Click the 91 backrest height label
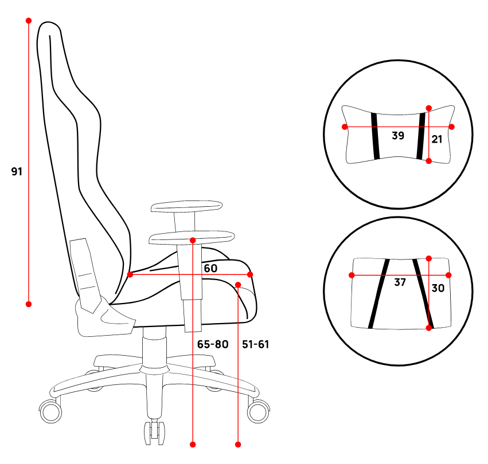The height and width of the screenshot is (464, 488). (17, 171)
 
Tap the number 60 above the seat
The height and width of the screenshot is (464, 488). (210, 269)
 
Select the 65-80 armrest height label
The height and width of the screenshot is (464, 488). (213, 344)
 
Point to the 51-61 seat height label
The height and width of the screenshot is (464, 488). (256, 344)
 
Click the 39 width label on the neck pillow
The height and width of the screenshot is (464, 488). (398, 136)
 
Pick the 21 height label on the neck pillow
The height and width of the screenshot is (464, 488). (436, 139)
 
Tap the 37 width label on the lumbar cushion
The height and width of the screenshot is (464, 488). (400, 282)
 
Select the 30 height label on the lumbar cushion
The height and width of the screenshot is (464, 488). (438, 288)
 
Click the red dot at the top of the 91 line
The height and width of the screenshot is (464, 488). (29, 21)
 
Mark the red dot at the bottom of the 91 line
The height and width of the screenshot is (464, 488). (29, 304)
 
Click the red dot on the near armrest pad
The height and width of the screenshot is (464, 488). (193, 240)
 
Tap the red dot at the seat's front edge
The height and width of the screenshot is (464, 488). (250, 274)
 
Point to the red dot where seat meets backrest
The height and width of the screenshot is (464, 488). (130, 274)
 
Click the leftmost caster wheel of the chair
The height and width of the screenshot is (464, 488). (50, 411)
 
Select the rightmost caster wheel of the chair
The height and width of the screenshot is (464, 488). (258, 411)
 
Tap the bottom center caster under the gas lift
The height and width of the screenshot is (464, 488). (154, 432)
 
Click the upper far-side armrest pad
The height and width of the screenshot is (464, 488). (187, 206)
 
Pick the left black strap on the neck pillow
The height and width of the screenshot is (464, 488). (376, 136)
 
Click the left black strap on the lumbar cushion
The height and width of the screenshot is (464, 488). (379, 293)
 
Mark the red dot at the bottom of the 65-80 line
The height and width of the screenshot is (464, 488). (193, 445)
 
